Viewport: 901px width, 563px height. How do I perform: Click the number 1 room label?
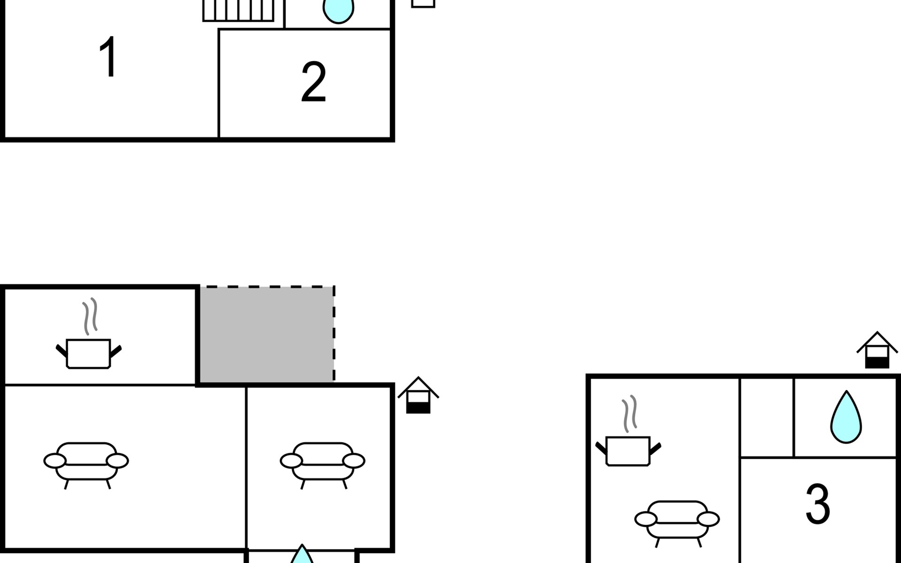(109, 57)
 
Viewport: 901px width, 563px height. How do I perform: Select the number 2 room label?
(313, 82)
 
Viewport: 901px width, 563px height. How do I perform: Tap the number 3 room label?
(818, 503)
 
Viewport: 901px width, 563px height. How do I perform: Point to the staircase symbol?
(238, 10)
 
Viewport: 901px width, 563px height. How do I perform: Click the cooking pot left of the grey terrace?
(89, 354)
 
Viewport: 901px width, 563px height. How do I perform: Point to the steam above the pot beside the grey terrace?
(90, 316)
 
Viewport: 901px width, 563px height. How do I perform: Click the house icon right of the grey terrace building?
(418, 395)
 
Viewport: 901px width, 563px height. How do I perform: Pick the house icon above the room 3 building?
(877, 350)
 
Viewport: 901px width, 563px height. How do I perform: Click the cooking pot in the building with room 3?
(628, 451)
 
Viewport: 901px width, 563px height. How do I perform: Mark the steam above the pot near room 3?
(630, 414)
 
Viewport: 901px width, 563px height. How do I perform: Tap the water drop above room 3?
(846, 417)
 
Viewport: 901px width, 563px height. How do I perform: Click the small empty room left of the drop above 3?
(767, 417)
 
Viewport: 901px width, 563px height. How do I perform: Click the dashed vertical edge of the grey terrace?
(334, 335)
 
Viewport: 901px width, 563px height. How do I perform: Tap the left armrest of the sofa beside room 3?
(646, 519)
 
